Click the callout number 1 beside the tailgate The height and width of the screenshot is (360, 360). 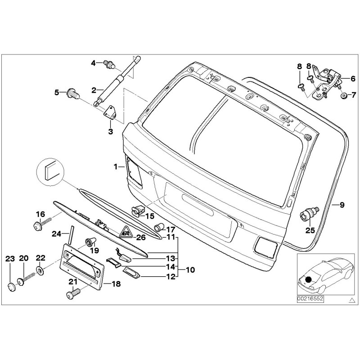116,166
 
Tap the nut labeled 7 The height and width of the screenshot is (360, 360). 343,96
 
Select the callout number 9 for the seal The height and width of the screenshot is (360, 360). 342,205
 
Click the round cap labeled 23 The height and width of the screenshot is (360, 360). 11,286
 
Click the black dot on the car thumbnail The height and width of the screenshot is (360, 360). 308,279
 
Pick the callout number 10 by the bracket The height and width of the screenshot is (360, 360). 190,270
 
